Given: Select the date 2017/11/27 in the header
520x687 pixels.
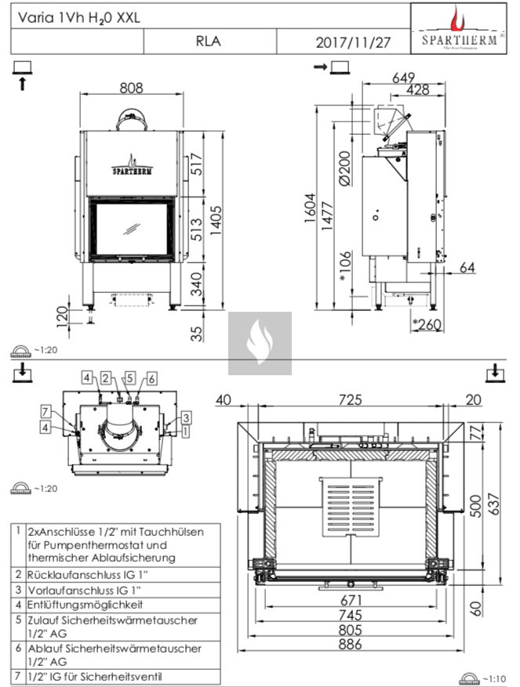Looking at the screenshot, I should [352, 42].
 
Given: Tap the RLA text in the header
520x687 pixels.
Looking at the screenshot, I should [208, 42].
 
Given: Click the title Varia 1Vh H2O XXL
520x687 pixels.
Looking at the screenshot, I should [77, 15].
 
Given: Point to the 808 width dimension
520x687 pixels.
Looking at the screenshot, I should [131, 89].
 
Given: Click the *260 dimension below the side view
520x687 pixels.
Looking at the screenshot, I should [426, 325].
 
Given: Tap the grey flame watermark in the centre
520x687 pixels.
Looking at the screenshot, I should [260, 343].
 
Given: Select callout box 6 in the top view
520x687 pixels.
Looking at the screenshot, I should [151, 378].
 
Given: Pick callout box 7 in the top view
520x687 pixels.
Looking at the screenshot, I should [46, 411].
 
